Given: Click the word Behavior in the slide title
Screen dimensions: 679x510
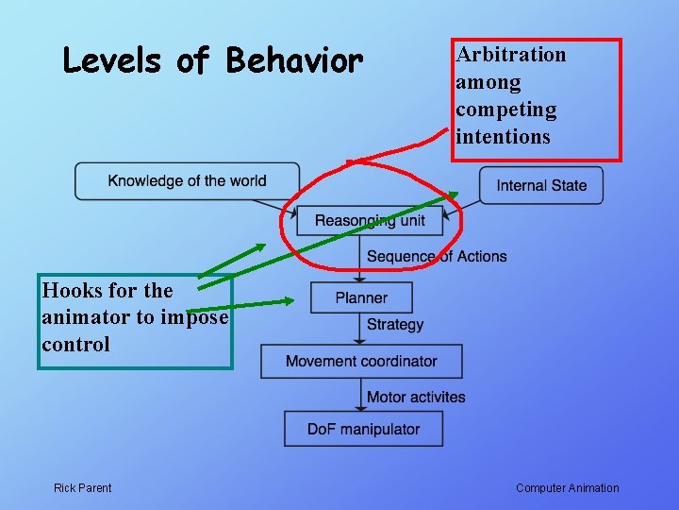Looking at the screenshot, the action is (294, 61).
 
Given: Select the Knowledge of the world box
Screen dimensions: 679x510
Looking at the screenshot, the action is (187, 181).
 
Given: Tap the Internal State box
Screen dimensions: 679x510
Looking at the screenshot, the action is (541, 185).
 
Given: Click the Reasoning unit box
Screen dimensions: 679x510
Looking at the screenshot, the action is (370, 221).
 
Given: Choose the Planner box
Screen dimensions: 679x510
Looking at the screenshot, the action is (361, 297).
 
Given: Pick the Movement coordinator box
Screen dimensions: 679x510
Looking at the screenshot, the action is (361, 361).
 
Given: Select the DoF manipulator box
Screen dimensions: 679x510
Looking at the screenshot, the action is (363, 429).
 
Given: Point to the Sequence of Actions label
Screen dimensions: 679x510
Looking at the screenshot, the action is (437, 256).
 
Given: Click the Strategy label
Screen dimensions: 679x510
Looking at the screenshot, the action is (395, 325).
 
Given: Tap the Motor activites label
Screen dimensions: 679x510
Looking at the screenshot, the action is (416, 397).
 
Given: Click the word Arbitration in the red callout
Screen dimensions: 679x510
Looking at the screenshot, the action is (511, 55).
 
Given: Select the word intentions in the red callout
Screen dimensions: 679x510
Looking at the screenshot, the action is (503, 137).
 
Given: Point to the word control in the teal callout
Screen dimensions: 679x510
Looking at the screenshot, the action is (75, 345).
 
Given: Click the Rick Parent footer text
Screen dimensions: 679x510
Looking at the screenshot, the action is (82, 488).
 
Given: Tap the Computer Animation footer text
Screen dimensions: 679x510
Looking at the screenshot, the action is (568, 488).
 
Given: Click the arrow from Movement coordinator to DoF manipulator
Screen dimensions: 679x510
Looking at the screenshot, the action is (361, 395).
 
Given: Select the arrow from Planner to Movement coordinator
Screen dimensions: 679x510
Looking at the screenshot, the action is (361, 329).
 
